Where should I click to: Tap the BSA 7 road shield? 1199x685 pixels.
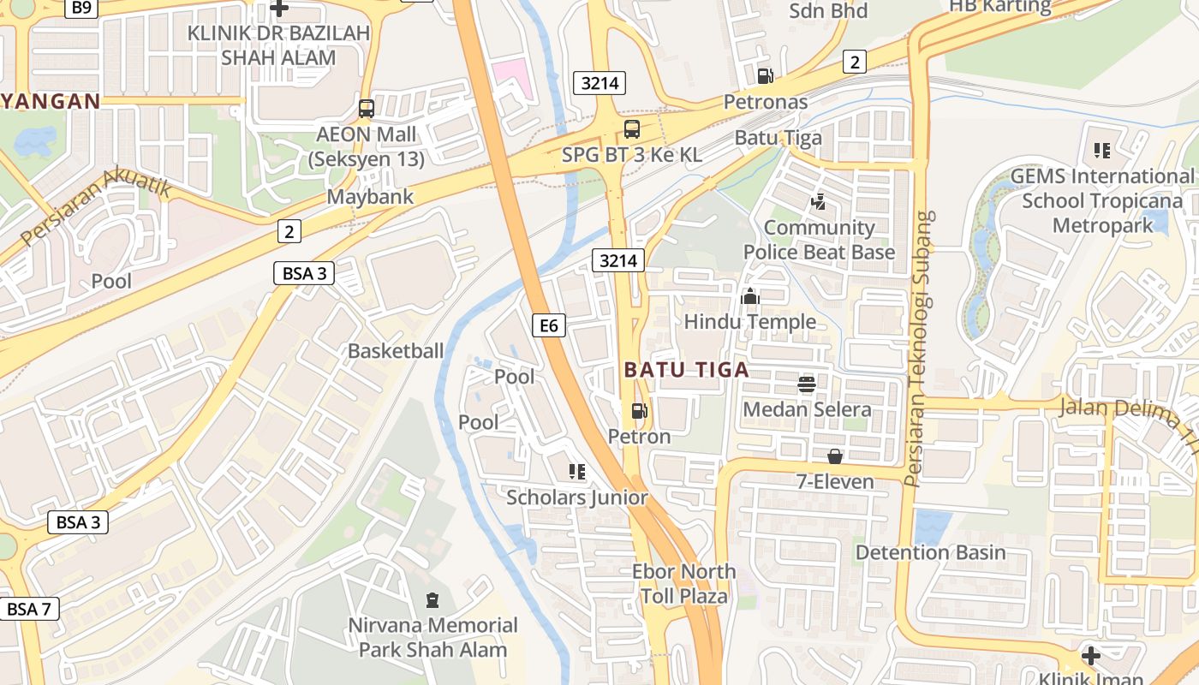29,610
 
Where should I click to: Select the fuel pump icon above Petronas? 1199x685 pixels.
765,75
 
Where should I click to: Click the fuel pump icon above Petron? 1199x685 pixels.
639,411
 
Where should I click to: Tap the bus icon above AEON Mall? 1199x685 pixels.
367,109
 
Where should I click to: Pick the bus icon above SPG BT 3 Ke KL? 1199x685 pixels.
632,129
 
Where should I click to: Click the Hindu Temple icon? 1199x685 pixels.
750,296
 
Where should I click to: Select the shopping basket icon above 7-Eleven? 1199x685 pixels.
834,456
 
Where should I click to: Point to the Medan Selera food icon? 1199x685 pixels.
807,384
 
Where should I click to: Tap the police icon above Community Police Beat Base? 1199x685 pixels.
818,202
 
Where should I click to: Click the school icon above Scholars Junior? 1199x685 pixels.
576,471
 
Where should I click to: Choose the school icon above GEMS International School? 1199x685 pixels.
1101,151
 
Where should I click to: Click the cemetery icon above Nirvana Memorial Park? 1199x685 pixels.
432,599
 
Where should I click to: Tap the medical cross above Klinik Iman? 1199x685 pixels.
1090,656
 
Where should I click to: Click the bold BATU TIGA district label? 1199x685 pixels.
686,370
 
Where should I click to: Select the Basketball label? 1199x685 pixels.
396,351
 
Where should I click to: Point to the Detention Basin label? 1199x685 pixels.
930,552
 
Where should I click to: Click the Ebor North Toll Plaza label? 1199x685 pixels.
683,583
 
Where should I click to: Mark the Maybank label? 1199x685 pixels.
370,197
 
